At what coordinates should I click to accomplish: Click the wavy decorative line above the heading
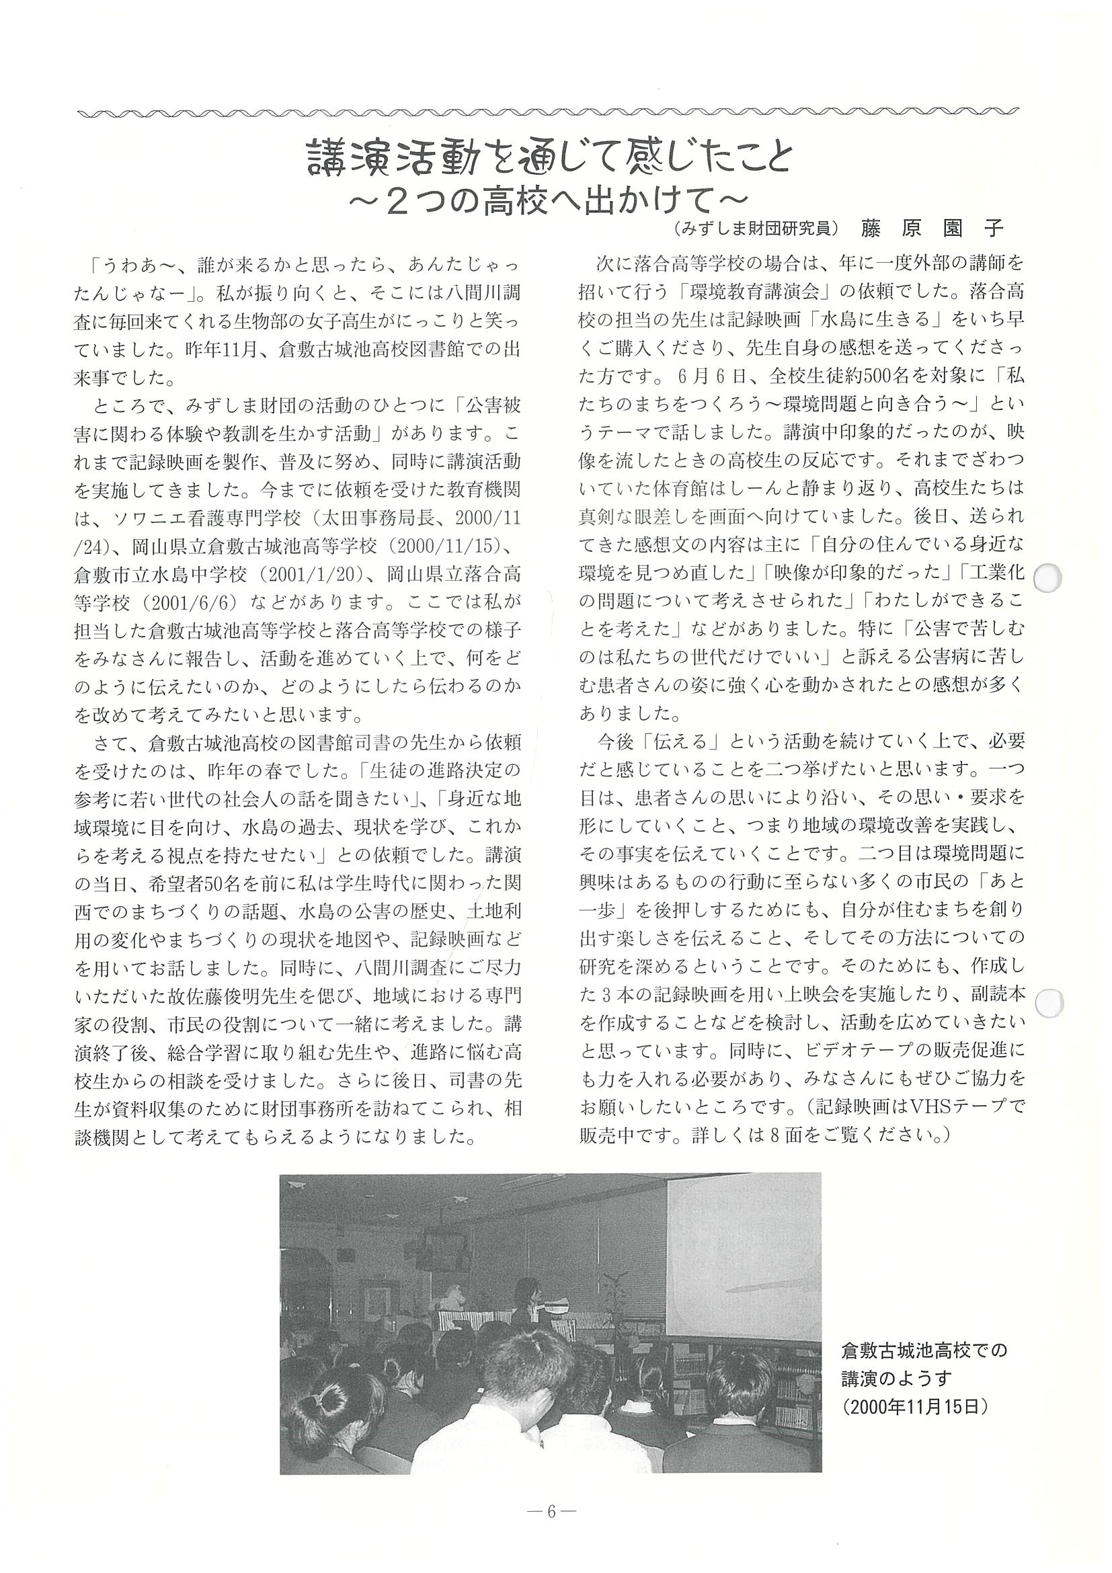(548, 111)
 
